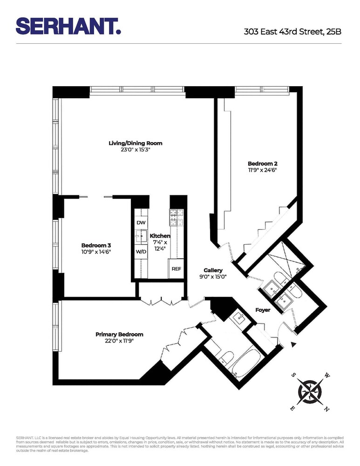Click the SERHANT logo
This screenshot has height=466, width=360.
click(x=68, y=26)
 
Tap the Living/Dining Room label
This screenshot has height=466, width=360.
click(x=136, y=143)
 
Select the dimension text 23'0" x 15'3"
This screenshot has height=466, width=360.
click(x=136, y=150)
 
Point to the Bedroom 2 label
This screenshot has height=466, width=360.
click(x=262, y=164)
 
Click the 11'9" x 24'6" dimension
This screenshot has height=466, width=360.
click(x=262, y=171)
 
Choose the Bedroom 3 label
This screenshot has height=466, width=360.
click(x=96, y=245)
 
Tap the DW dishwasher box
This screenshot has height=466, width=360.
click(x=141, y=223)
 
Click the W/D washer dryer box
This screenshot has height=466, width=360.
click(x=141, y=252)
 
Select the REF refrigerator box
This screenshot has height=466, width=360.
click(x=177, y=269)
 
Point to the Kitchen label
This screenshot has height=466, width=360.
click(x=160, y=236)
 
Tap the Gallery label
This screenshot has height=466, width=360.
click(x=213, y=270)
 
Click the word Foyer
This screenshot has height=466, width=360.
click(x=263, y=309)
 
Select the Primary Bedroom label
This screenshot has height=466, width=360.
click(x=119, y=334)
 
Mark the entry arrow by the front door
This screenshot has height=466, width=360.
click(x=293, y=344)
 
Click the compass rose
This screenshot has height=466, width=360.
click(x=309, y=390)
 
